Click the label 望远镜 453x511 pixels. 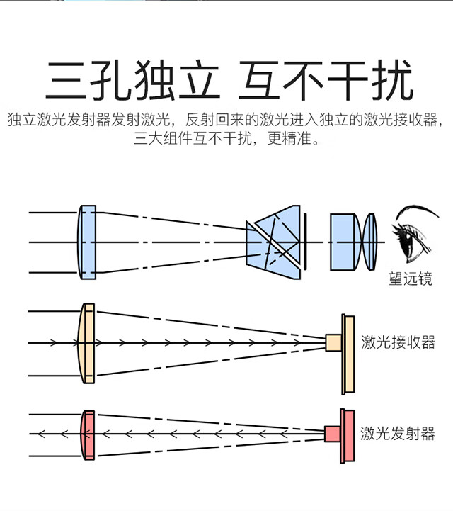[411, 279]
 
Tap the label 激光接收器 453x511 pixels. [398, 342]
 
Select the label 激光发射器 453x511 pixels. [397, 434]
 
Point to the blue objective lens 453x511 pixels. [87, 242]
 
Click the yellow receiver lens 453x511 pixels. [86, 343]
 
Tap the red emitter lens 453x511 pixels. [88, 435]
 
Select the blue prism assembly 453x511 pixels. [273, 242]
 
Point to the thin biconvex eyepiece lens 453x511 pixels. [370, 242]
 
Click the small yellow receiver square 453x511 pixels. [333, 343]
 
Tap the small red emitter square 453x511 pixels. [333, 434]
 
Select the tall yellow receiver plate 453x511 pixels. [348, 354]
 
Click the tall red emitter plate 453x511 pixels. [348, 436]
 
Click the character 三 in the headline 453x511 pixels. [66, 80]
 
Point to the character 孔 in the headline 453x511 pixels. [111, 80]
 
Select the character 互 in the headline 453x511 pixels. [259, 80]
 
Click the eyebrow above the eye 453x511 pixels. [418, 210]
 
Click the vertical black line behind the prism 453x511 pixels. [305, 242]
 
